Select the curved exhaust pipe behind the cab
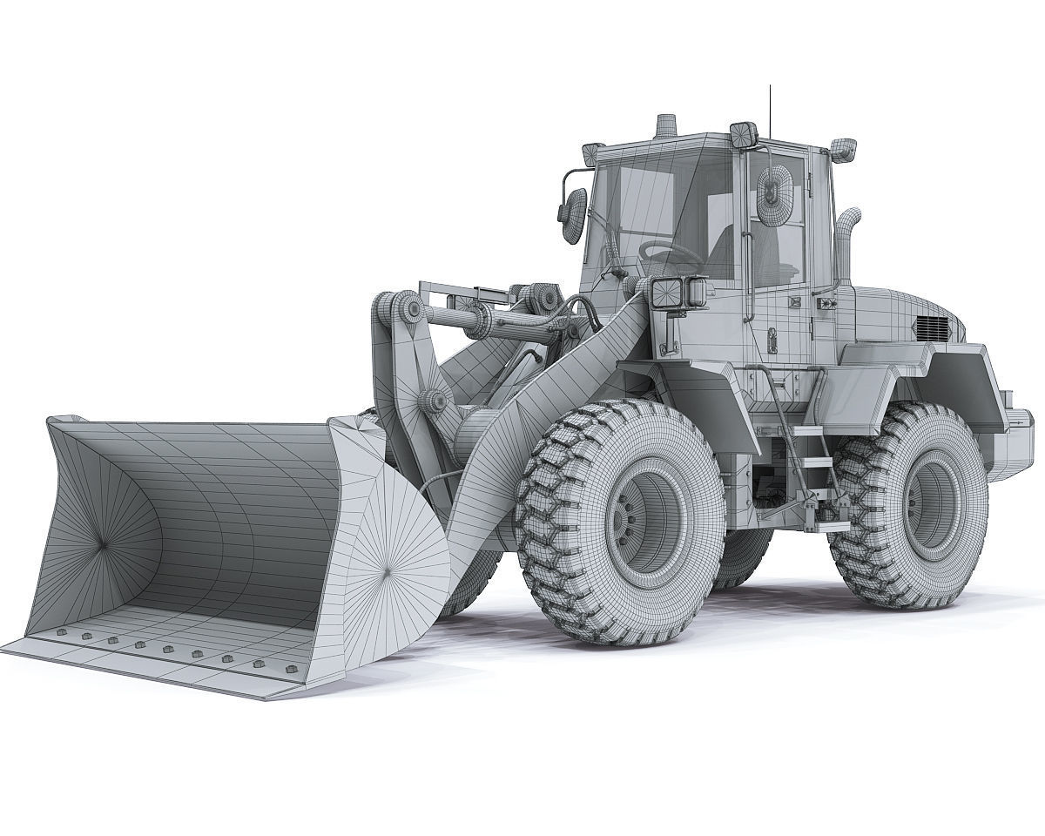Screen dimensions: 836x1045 click(847, 235)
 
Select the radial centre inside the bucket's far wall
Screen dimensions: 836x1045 click(102, 544)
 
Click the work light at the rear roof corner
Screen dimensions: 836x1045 click(842, 149)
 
